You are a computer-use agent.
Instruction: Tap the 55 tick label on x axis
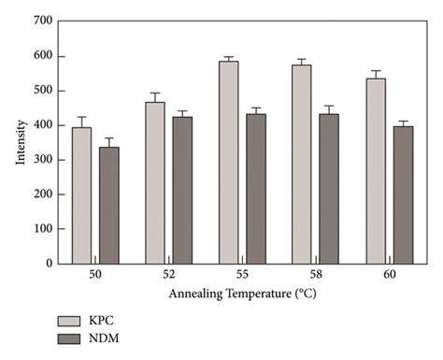[x=242, y=278]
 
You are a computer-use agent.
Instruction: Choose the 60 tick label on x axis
[x=389, y=278]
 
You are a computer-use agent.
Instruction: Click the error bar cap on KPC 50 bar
[x=81, y=117]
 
